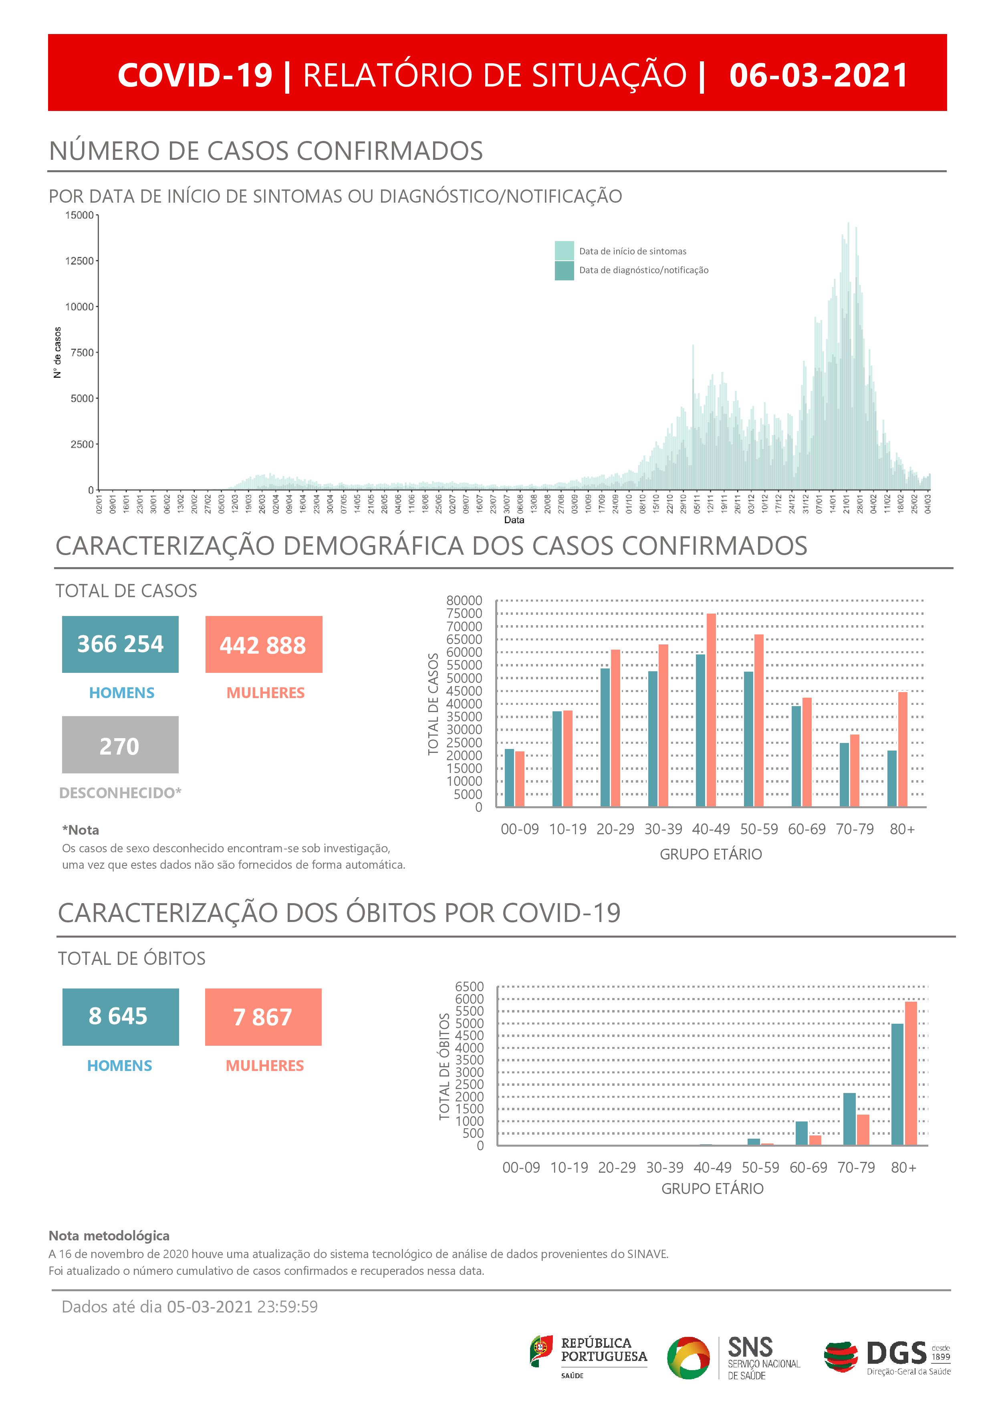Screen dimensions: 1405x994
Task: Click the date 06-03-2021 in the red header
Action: [x=819, y=75]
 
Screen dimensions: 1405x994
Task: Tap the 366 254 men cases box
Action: [x=120, y=644]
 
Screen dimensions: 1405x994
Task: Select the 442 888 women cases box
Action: [x=263, y=644]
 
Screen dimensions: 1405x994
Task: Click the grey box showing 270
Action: [x=120, y=745]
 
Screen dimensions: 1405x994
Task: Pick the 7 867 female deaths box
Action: [x=263, y=1017]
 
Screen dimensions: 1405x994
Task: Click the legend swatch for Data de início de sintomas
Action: [x=564, y=250]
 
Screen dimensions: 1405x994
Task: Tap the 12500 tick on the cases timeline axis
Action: [x=80, y=261]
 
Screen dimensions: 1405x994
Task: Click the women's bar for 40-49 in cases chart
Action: [x=711, y=710]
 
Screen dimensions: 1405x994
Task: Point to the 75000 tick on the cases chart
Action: [x=464, y=613]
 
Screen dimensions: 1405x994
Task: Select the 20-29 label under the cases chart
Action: [x=615, y=829]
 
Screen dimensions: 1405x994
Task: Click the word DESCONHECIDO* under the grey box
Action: [x=120, y=793]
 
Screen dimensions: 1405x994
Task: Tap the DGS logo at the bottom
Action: [x=886, y=1357]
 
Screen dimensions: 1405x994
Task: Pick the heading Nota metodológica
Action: [x=109, y=1236]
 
